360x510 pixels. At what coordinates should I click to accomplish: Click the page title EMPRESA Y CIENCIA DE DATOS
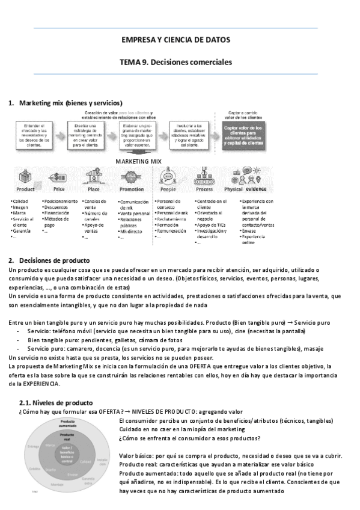pyautogui.click(x=175, y=40)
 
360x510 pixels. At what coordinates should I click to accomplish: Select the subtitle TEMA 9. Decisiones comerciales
pyautogui.click(x=175, y=62)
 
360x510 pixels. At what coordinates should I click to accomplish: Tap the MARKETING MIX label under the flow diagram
pyautogui.click(x=139, y=162)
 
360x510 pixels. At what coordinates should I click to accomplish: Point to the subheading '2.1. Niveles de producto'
pyautogui.click(x=56, y=386)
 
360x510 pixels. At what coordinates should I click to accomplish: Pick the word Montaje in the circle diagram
pyautogui.click(x=57, y=484)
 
